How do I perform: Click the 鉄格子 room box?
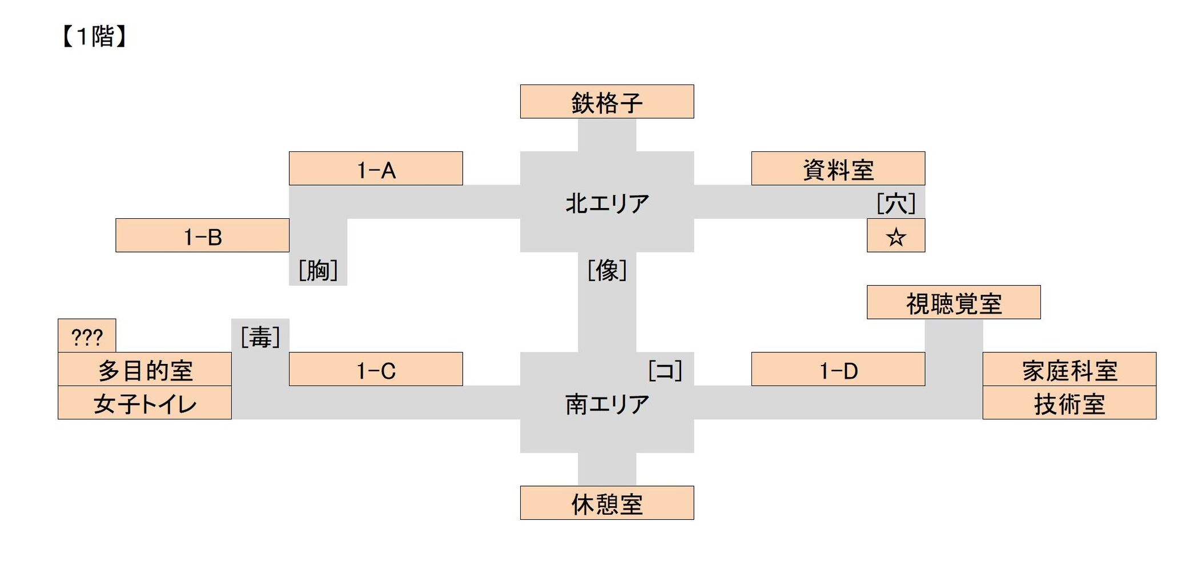pyautogui.click(x=607, y=102)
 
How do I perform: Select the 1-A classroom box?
pyautogui.click(x=376, y=169)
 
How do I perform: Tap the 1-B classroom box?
pyautogui.click(x=202, y=235)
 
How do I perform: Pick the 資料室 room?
pyautogui.click(x=838, y=169)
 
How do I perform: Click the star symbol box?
pyautogui.click(x=896, y=235)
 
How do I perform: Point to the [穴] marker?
pyautogui.click(x=896, y=203)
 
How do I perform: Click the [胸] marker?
pyautogui.click(x=318, y=270)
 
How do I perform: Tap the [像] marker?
pyautogui.click(x=607, y=270)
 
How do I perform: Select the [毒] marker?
pyautogui.click(x=260, y=336)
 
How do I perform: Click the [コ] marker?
pyautogui.click(x=665, y=370)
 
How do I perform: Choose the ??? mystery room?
pyautogui.click(x=87, y=335)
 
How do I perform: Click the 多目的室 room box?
pyautogui.click(x=144, y=369)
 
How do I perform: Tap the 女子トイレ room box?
pyautogui.click(x=144, y=403)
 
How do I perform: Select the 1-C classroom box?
pyautogui.click(x=376, y=369)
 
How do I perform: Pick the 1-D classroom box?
pyautogui.click(x=838, y=369)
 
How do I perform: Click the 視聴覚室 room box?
pyautogui.click(x=954, y=302)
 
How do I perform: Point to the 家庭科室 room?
pyautogui.click(x=1070, y=369)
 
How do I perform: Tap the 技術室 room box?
pyautogui.click(x=1070, y=403)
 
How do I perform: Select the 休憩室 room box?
pyautogui.click(x=607, y=503)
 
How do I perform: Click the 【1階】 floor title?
pyautogui.click(x=94, y=37)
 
